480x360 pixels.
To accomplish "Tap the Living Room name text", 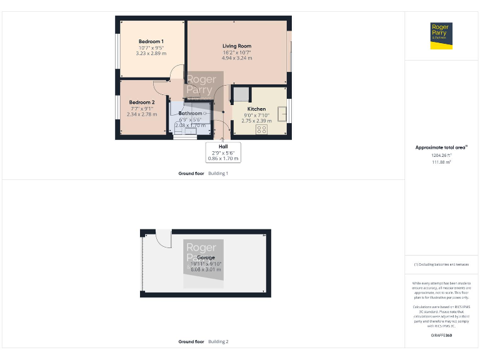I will point(237,46).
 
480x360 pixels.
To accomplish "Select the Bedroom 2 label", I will point(142,102).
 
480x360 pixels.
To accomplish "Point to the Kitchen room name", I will point(256,109).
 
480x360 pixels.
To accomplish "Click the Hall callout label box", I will point(223,152).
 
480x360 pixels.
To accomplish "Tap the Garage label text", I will point(206,257).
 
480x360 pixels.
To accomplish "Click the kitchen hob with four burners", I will point(261,129).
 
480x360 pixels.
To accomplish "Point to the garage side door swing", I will point(162,238).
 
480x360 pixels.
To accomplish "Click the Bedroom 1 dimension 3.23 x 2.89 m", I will point(151,53).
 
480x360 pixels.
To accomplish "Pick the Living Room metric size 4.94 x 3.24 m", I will point(237,58).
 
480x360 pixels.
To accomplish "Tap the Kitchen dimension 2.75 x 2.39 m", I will point(256,121).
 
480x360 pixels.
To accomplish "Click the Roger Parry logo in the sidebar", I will point(442,36).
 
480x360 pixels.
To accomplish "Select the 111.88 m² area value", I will point(441,162).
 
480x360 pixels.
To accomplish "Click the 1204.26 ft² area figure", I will point(441,156).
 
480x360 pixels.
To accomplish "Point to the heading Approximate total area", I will point(441,147).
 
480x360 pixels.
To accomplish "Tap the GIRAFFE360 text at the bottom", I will point(441,336).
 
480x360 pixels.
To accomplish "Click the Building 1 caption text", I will point(218,173).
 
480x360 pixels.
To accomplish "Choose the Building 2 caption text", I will point(218,342).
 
